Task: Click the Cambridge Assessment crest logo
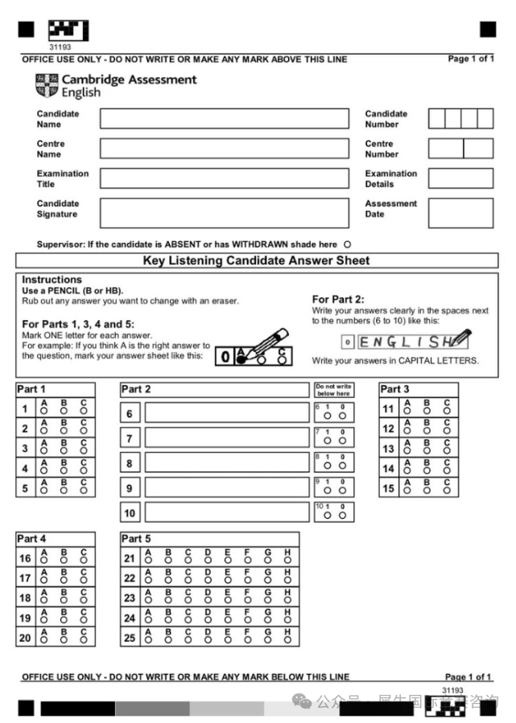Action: tap(47, 85)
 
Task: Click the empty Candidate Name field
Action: tap(225, 119)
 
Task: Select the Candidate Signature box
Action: tap(225, 213)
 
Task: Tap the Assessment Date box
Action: tap(460, 213)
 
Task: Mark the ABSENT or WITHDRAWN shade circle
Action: tap(347, 244)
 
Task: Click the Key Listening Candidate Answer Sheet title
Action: tap(257, 261)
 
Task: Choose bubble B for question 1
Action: tap(64, 412)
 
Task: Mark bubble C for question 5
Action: tap(84, 491)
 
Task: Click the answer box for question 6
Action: tap(226, 413)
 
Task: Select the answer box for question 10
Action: tap(226, 512)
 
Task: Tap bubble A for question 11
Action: tap(407, 412)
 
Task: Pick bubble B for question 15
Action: tap(427, 491)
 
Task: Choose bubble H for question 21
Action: tap(287, 561)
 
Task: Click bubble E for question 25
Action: tap(228, 641)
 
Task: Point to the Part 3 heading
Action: tap(394, 389)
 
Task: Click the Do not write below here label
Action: tap(333, 390)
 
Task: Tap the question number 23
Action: tap(129, 598)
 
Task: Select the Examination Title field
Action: tap(225, 179)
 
